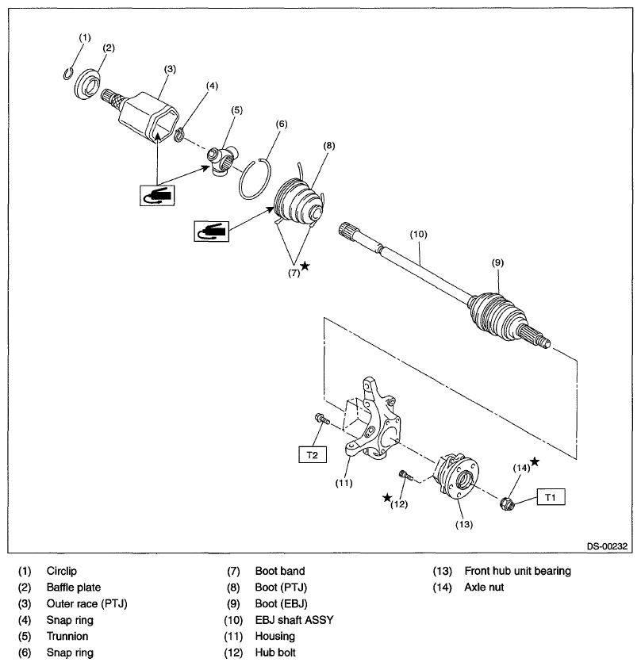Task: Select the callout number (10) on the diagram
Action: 418,235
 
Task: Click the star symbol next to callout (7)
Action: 305,267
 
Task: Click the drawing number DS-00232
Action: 608,545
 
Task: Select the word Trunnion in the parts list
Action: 67,636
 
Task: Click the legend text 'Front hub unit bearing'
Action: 519,571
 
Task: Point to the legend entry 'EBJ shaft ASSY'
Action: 294,620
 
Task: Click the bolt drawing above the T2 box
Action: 320,419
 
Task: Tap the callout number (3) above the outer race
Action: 169,69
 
